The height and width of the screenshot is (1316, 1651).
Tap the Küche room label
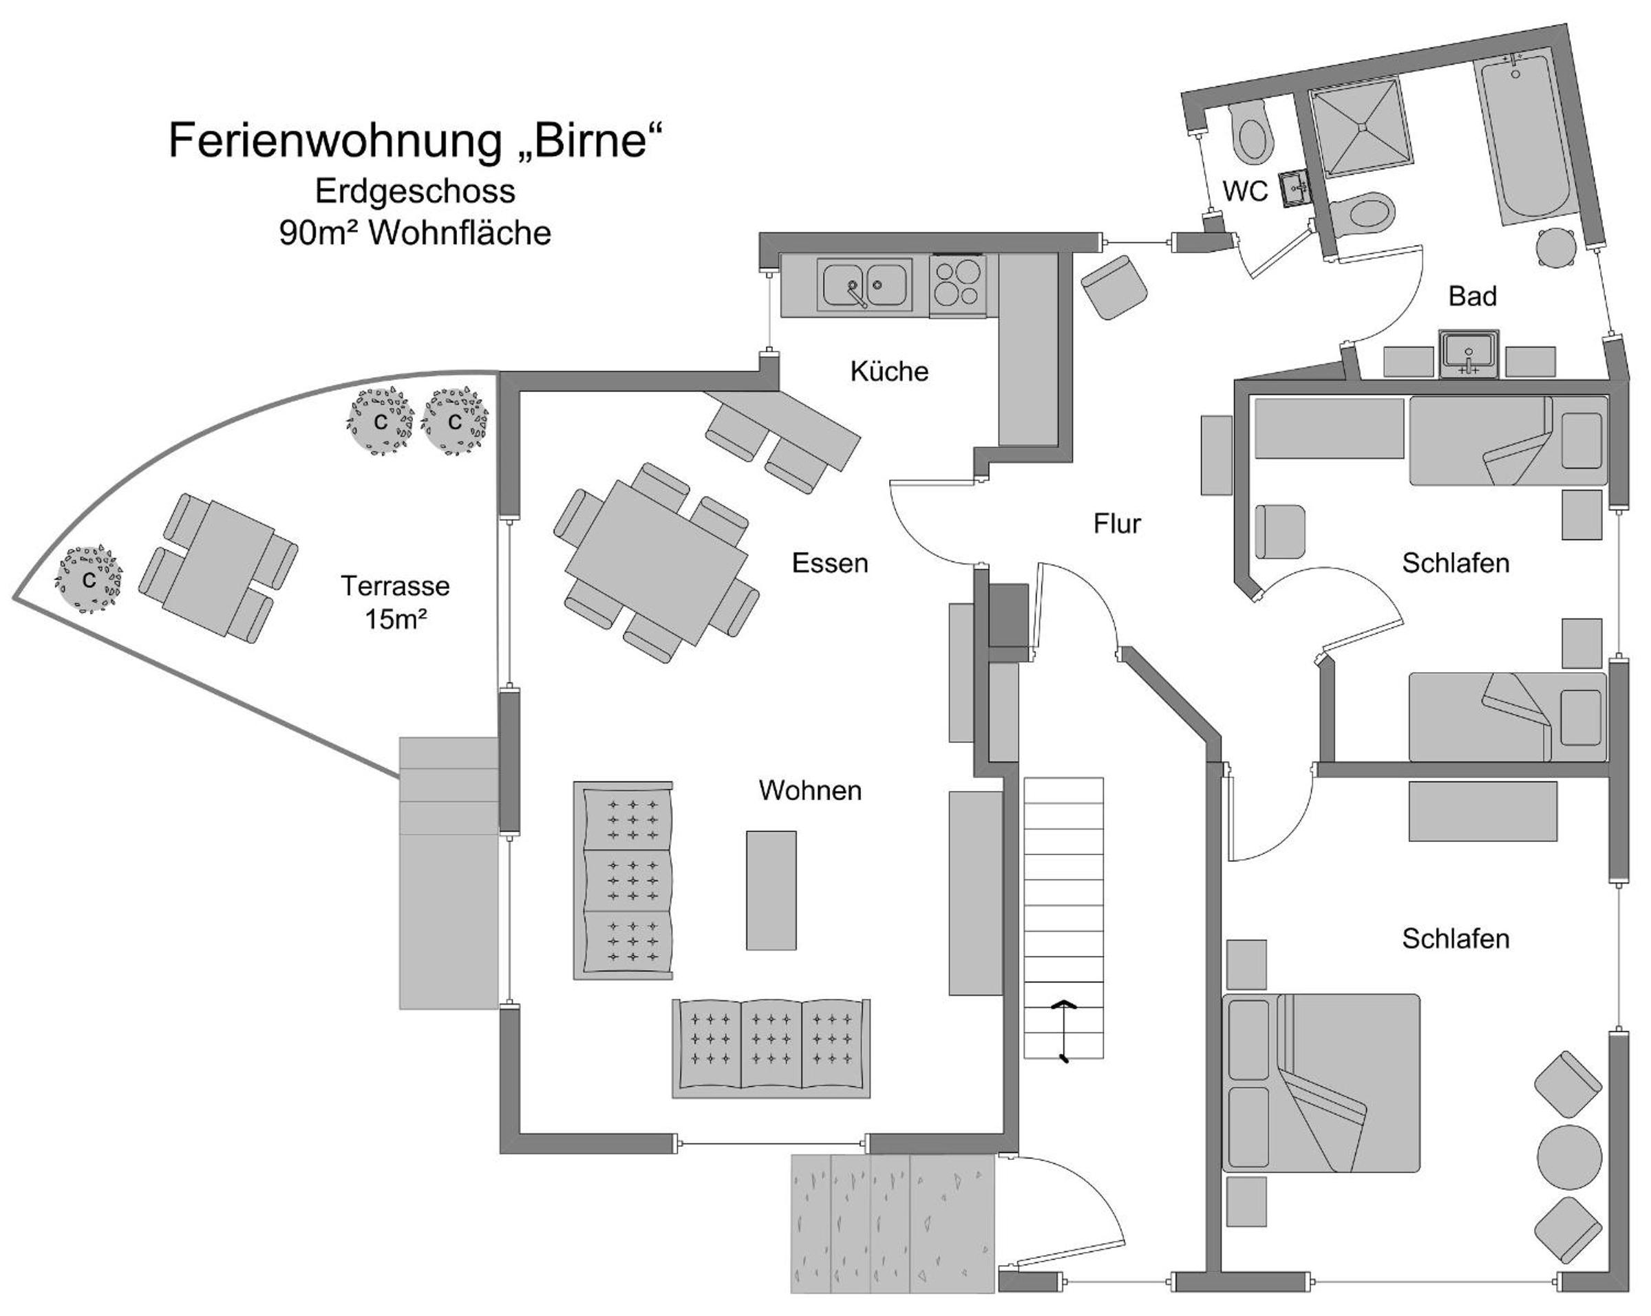889,371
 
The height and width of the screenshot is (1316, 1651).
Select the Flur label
1117,524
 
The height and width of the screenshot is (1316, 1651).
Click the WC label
1245,191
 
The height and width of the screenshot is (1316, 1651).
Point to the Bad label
1473,296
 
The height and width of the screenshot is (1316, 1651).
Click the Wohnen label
810,790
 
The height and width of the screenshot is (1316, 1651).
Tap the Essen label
830,563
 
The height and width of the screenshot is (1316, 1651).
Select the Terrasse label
395,585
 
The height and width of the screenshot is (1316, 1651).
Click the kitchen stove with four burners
958,285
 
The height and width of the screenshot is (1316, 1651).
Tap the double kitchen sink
865,285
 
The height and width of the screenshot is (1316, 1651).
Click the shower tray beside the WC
1360,129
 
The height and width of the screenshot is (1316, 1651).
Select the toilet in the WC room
1253,134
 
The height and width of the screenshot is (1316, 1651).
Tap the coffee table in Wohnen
771,890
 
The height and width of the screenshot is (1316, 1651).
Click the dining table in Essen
657,563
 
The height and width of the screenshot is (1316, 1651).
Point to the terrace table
218,568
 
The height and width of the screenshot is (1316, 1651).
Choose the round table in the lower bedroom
1569,1157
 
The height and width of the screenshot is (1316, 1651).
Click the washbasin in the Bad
1468,354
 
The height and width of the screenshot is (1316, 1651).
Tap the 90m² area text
415,233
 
